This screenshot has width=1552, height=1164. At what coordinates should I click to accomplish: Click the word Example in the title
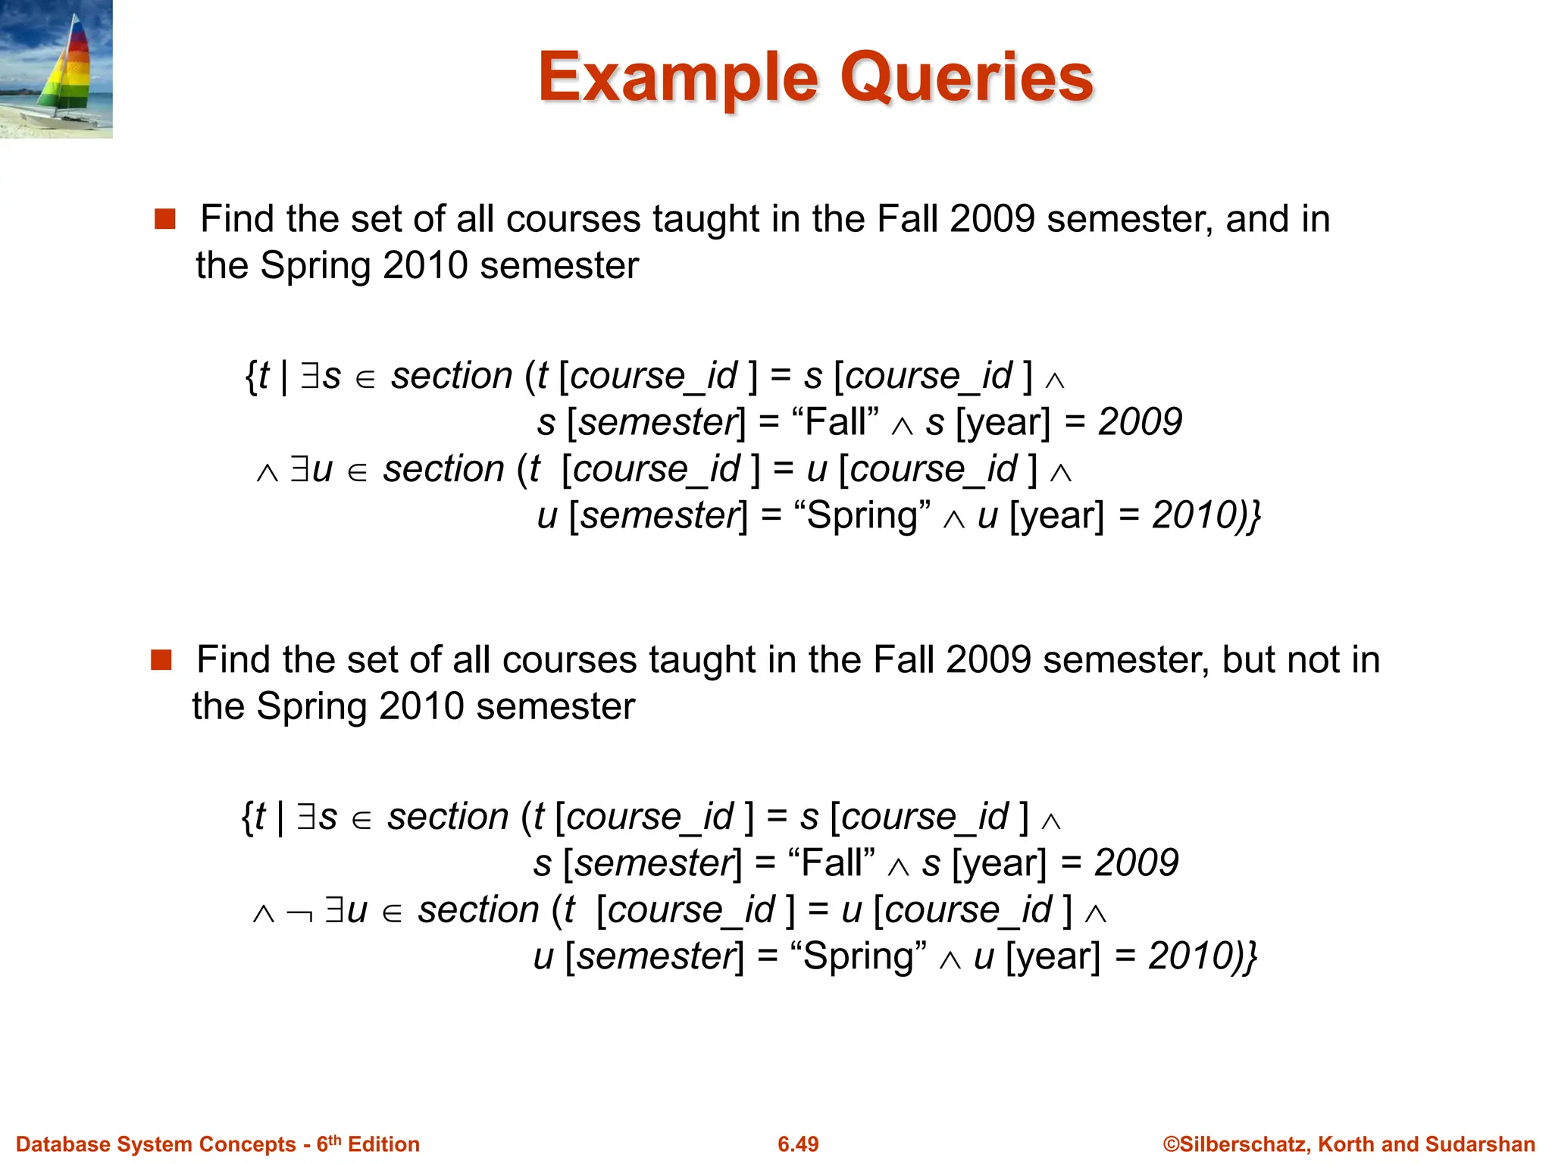[678, 78]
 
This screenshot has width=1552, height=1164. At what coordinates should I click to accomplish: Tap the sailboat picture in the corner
[56, 69]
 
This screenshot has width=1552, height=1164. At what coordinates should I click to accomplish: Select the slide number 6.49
[798, 1144]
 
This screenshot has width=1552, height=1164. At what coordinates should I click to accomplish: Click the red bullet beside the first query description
[164, 220]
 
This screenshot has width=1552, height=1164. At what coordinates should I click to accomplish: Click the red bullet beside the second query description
[161, 660]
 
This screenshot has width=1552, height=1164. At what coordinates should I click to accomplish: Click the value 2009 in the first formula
[1140, 422]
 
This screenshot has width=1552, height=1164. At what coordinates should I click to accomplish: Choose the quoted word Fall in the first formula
[835, 422]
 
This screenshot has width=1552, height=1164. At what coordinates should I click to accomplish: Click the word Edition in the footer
[383, 1144]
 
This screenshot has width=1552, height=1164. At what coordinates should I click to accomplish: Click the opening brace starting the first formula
[251, 376]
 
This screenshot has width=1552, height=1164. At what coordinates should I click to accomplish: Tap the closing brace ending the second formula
[1251, 956]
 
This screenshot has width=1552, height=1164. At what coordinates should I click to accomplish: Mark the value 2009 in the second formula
[1136, 863]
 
